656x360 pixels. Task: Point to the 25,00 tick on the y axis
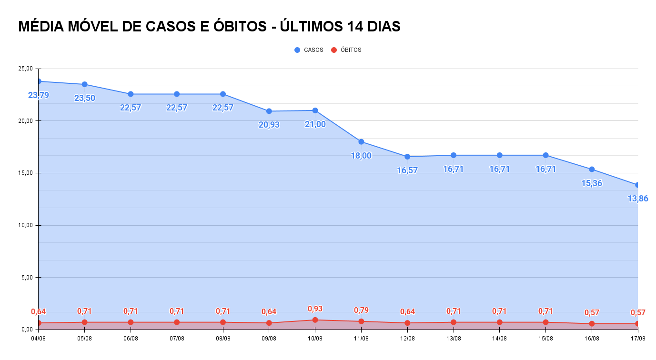[x=25, y=69]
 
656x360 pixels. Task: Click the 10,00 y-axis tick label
[x=25, y=225]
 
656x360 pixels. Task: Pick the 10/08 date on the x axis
[x=315, y=339]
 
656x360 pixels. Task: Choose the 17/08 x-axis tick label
[x=637, y=339]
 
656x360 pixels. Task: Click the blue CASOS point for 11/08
[x=361, y=142]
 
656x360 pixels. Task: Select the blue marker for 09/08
[x=269, y=111]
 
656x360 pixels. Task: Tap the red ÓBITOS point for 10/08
[x=315, y=320]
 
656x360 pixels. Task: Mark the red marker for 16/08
[x=592, y=324]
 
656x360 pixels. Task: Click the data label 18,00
[x=361, y=156]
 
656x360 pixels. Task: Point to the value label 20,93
[x=269, y=125]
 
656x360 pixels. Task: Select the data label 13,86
[x=637, y=199]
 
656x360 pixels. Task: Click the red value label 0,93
[x=315, y=309]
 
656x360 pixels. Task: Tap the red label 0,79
[x=361, y=310]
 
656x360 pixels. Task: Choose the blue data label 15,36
[x=592, y=183]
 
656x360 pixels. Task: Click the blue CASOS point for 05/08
[x=84, y=84]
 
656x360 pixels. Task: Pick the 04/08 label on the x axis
[x=38, y=339]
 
